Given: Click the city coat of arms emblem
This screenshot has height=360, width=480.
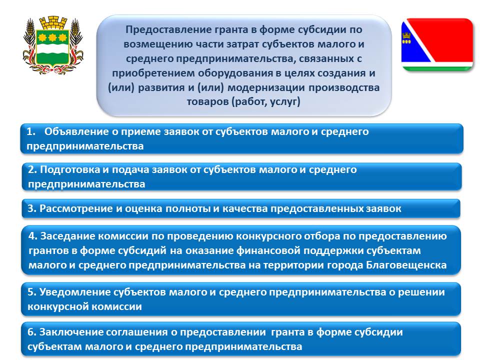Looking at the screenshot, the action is pyautogui.click(x=52, y=45).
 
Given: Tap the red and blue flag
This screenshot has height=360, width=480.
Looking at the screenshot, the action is pyautogui.click(x=437, y=44).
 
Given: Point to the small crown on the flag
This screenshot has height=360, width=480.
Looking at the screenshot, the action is pyautogui.click(x=406, y=37).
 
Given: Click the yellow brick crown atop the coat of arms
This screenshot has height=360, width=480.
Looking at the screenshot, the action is pyautogui.click(x=52, y=23).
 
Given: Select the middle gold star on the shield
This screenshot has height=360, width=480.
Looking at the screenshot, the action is pyautogui.click(x=52, y=37).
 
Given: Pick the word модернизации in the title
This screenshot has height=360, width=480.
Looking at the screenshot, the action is pyautogui.click(x=266, y=87).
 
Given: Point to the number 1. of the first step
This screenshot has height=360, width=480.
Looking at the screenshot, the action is pyautogui.click(x=31, y=131).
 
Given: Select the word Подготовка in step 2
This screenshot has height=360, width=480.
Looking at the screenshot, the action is pyautogui.click(x=69, y=169).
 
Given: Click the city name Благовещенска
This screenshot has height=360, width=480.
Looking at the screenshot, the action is pyautogui.click(x=406, y=265).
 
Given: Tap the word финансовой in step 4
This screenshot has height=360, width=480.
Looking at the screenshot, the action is pyautogui.click(x=269, y=250).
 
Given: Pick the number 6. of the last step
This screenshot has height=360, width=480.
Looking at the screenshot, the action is pyautogui.click(x=32, y=332).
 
